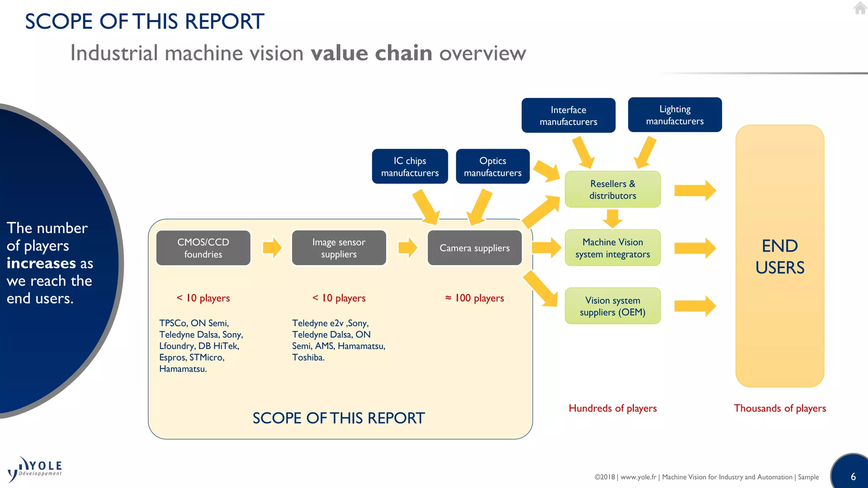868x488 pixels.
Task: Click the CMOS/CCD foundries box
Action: point(203,248)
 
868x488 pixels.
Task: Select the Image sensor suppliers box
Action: point(339,248)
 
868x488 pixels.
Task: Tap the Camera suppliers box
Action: point(474,248)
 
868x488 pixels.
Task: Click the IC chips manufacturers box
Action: point(409,166)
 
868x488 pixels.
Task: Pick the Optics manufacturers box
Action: point(492,166)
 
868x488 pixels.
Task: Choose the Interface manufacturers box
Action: point(568,116)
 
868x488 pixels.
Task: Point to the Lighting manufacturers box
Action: point(674,115)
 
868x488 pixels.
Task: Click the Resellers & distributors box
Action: point(612,189)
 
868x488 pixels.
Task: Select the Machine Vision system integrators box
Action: point(612,248)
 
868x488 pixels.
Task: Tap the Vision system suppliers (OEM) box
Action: point(612,306)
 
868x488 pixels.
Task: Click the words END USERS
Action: point(779,257)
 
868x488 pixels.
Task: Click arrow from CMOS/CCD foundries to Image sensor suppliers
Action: point(272,247)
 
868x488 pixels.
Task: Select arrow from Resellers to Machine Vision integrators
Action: point(612,219)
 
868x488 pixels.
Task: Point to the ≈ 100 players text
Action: point(474,298)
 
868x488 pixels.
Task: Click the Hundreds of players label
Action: point(612,408)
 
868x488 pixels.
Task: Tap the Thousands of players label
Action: point(779,408)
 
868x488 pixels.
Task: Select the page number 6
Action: point(853,477)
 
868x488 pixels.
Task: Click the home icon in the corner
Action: point(860,8)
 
